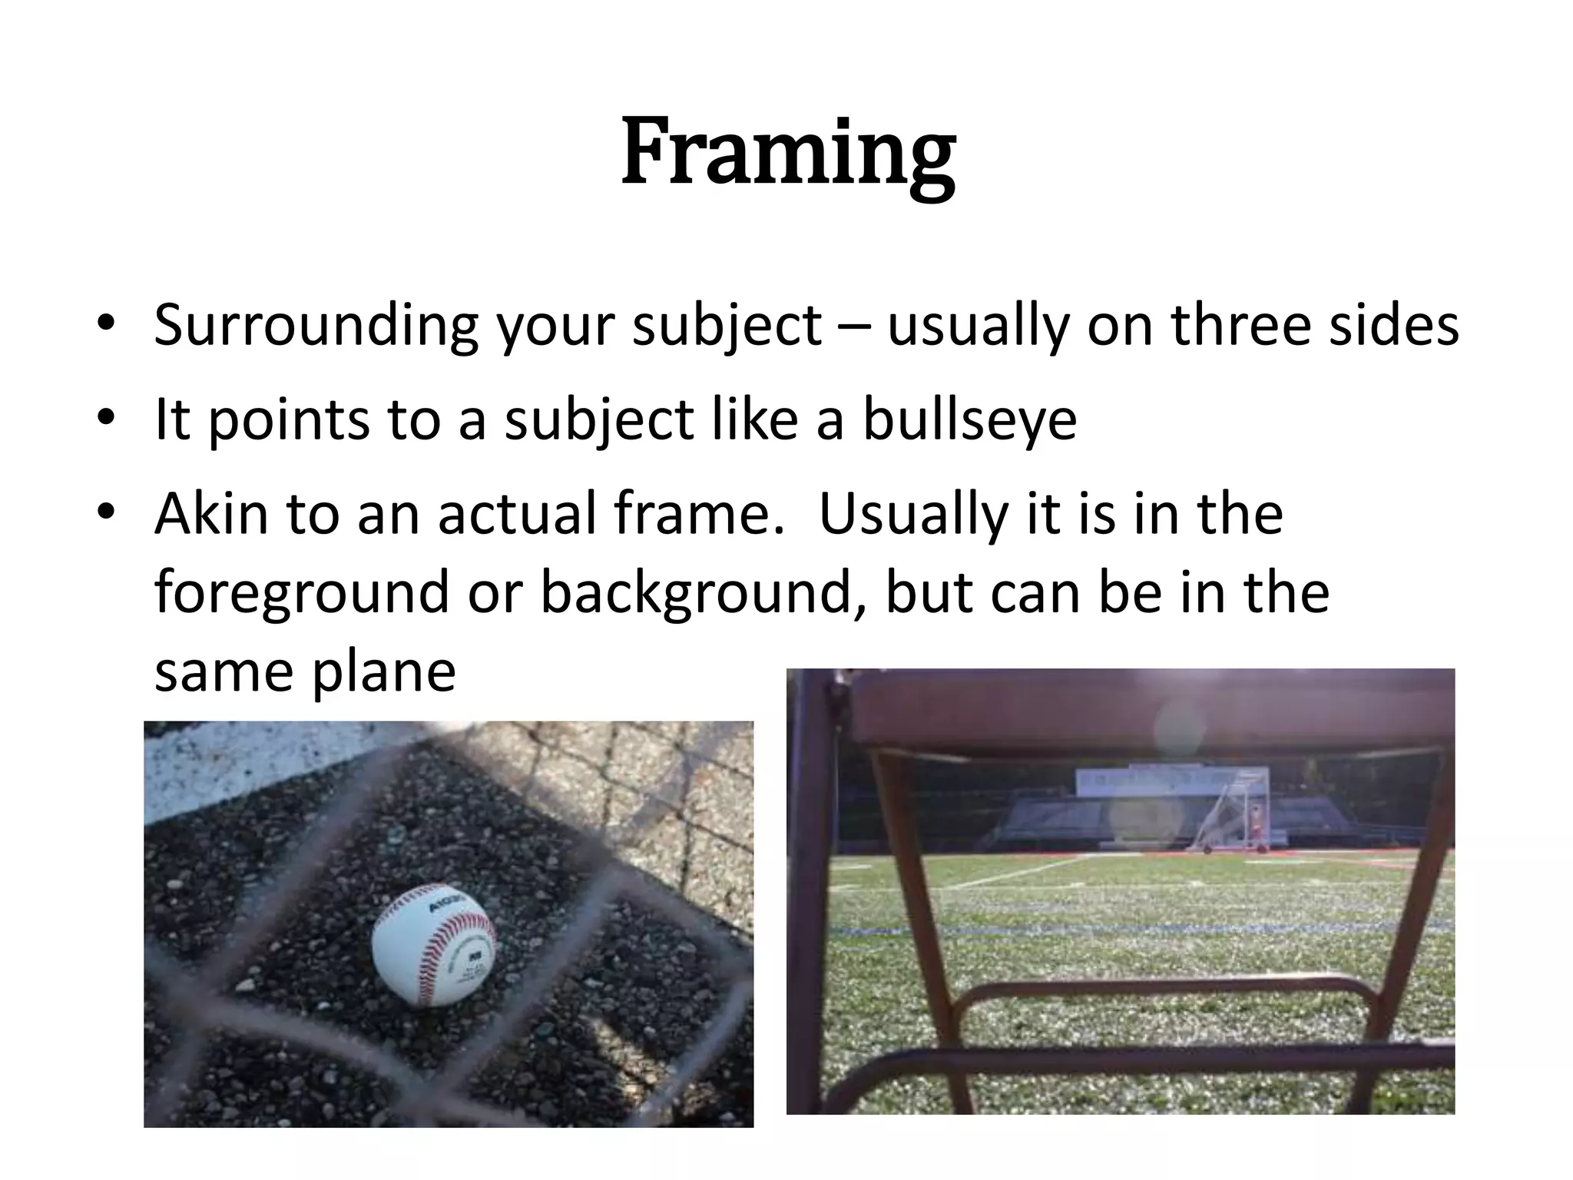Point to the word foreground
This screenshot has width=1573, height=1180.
pyautogui.click(x=301, y=593)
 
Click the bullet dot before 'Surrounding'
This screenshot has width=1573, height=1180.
pyautogui.click(x=106, y=323)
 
